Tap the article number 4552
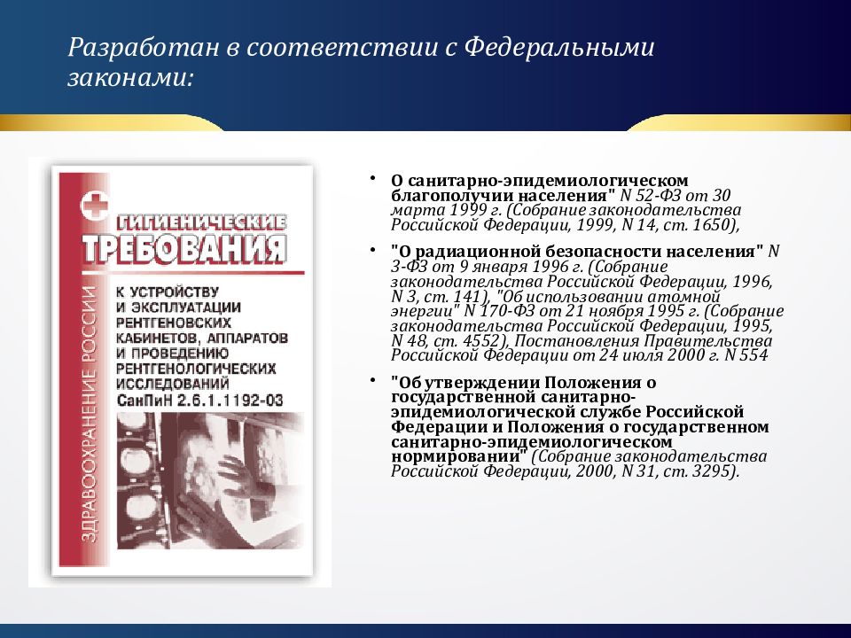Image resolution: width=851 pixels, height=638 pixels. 482,341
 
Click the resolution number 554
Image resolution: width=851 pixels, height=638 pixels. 753,355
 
